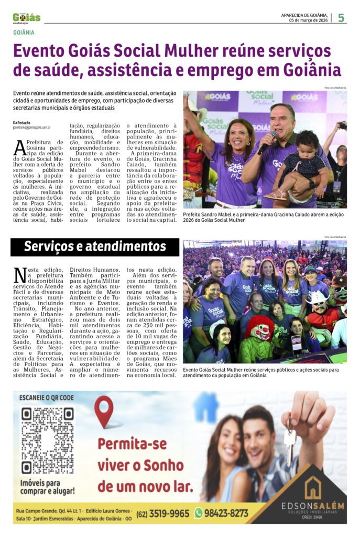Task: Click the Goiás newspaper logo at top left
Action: (26, 18)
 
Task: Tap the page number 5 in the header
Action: (341, 18)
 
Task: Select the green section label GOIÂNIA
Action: (24, 33)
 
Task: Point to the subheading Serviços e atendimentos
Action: (95, 246)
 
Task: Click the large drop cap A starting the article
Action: (19, 147)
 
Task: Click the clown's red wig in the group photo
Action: (259, 326)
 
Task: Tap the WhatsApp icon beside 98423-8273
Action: (198, 513)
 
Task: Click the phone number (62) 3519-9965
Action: (162, 513)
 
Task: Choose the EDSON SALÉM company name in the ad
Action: (312, 506)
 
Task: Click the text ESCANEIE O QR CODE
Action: (46, 398)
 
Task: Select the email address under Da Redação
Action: (31, 127)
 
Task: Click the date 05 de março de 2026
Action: (309, 20)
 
